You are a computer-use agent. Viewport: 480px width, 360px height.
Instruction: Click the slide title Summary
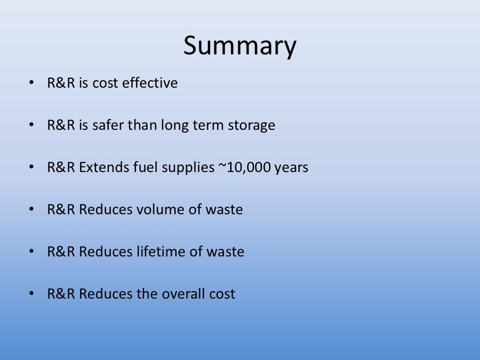click(240, 46)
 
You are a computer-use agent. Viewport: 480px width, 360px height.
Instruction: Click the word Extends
click(103, 167)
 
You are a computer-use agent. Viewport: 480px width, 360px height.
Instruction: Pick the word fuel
click(144, 167)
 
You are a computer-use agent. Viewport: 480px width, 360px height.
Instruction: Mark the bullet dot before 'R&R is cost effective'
click(31, 83)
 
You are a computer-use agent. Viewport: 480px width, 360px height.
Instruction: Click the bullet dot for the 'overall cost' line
click(31, 294)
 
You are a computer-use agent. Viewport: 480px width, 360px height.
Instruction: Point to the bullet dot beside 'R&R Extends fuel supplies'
click(31, 167)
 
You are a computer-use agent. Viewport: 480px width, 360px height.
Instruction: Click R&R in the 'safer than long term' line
click(61, 125)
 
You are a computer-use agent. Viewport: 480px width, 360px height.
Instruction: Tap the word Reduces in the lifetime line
click(106, 252)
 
